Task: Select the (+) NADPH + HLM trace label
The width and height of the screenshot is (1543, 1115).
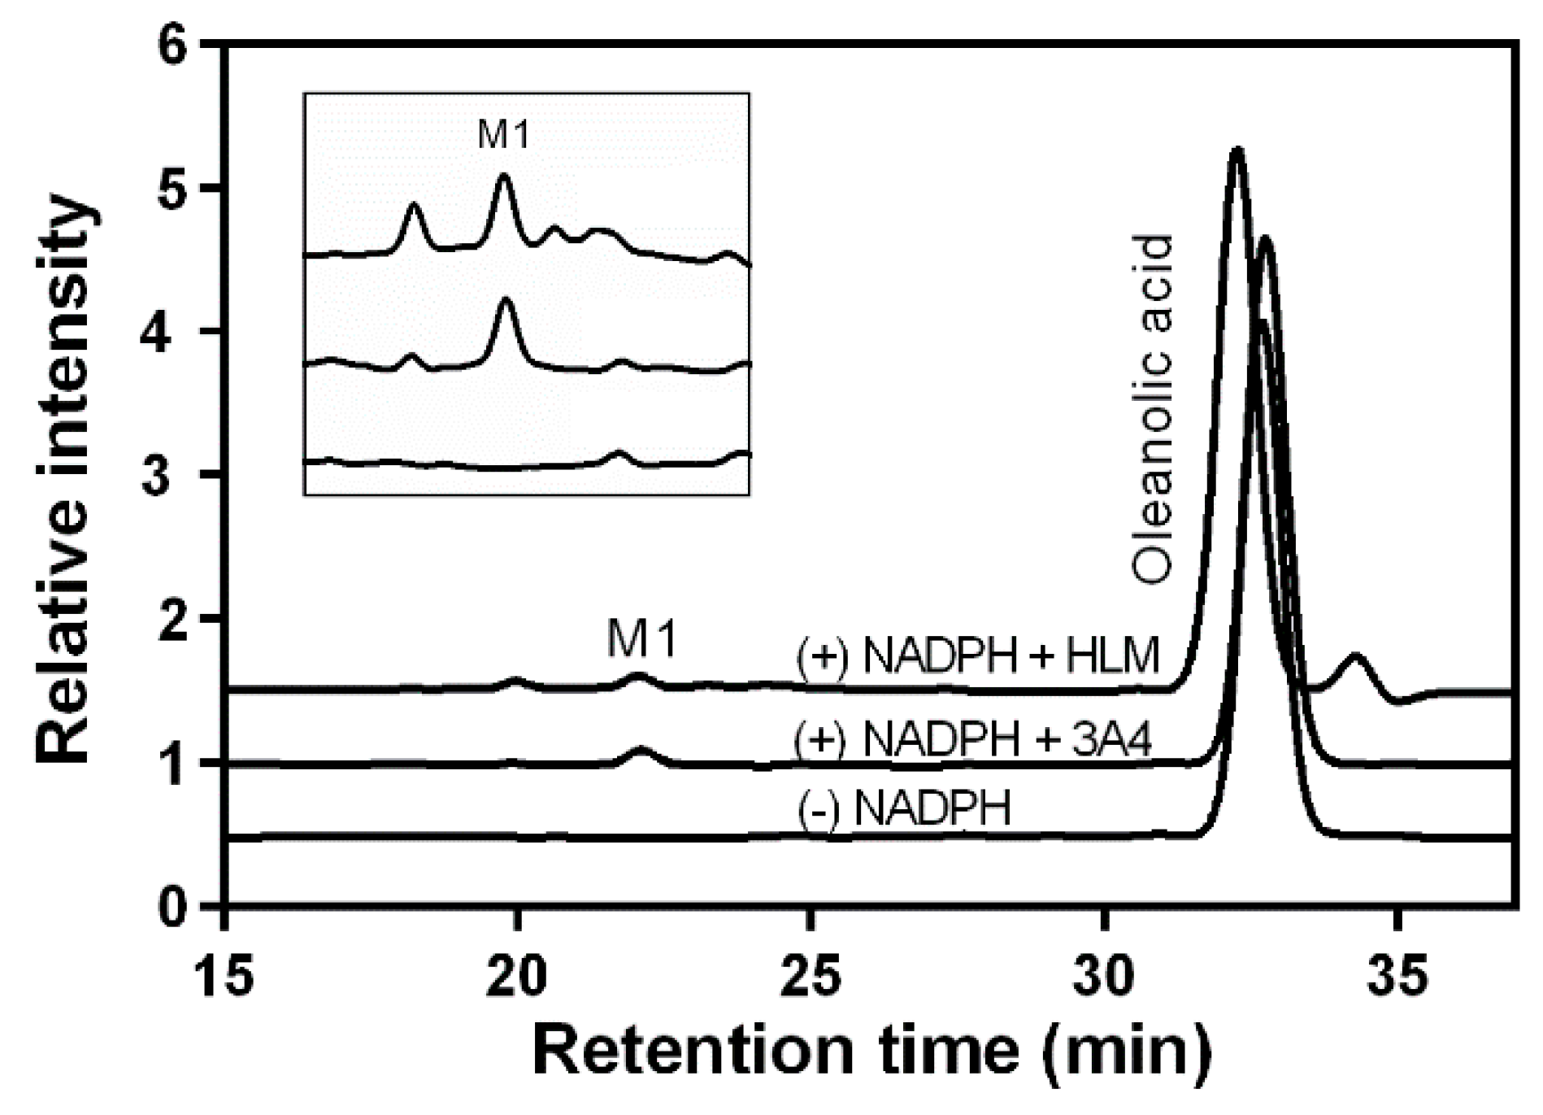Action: (x=978, y=657)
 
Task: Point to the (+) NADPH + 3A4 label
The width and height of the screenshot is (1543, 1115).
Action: (x=973, y=740)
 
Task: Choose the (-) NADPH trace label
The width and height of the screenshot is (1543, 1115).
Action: (x=905, y=809)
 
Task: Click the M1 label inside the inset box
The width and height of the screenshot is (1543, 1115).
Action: (x=503, y=135)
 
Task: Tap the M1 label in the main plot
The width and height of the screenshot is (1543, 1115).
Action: (x=641, y=642)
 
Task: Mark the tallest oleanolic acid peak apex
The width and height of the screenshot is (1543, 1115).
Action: (x=1237, y=150)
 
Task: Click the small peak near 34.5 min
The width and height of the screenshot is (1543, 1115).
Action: (x=1354, y=655)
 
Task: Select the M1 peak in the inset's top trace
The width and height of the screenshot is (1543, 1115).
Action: (x=503, y=176)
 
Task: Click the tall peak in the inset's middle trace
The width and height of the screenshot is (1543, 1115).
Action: (x=506, y=300)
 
